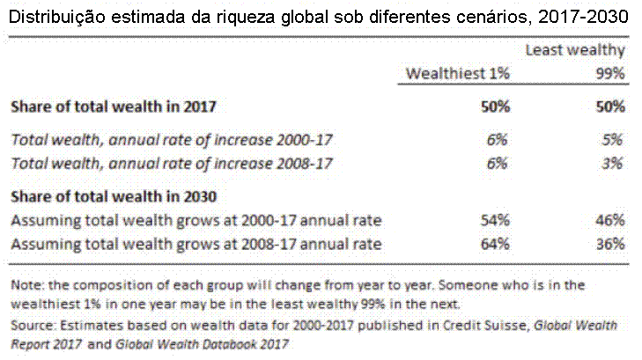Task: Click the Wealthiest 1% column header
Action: tap(457, 74)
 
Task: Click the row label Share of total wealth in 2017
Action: tap(114, 107)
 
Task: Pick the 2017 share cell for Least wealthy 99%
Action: tap(609, 107)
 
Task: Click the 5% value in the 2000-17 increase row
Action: tap(613, 139)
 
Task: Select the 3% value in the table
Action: tap(613, 163)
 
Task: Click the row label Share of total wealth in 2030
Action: tap(114, 195)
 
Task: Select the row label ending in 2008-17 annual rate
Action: tap(196, 243)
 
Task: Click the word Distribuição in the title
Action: tap(52, 15)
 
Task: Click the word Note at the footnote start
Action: tap(25, 285)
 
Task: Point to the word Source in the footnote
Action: tap(31, 325)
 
